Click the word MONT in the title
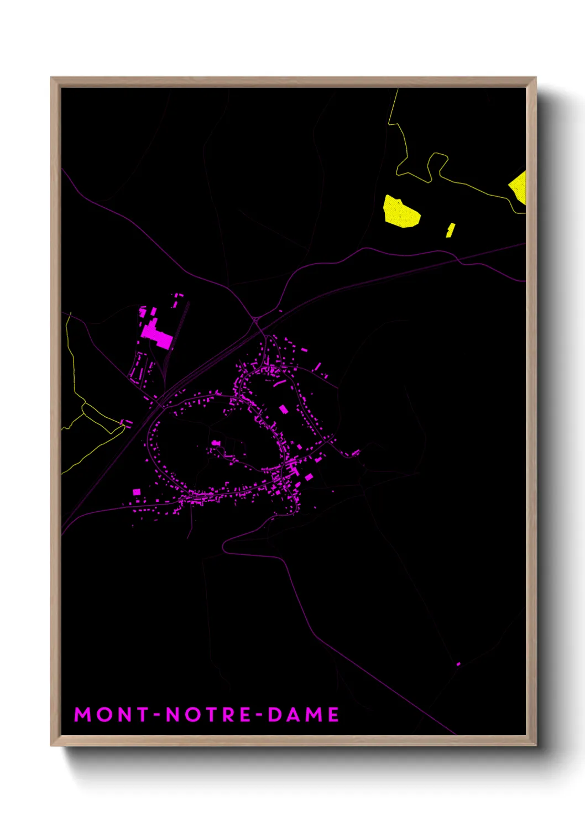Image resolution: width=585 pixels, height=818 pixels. pyautogui.click(x=112, y=715)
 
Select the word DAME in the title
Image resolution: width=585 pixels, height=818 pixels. pyautogui.click(x=304, y=715)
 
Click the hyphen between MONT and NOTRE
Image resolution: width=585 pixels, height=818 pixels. pyautogui.click(x=157, y=715)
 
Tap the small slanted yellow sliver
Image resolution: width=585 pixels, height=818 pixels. pyautogui.click(x=451, y=230)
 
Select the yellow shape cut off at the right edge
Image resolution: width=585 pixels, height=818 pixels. pyautogui.click(x=519, y=187)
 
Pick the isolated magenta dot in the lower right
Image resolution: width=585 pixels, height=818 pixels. pyautogui.click(x=458, y=664)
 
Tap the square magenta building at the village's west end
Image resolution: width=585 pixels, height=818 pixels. pyautogui.click(x=137, y=491)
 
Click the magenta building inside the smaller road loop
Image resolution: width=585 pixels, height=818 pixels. pyautogui.click(x=284, y=409)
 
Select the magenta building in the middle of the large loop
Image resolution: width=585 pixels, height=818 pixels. pyautogui.click(x=216, y=443)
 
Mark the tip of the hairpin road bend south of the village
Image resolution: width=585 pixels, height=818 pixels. pyautogui.click(x=223, y=547)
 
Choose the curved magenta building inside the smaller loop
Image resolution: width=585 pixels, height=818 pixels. pyautogui.click(x=280, y=382)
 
